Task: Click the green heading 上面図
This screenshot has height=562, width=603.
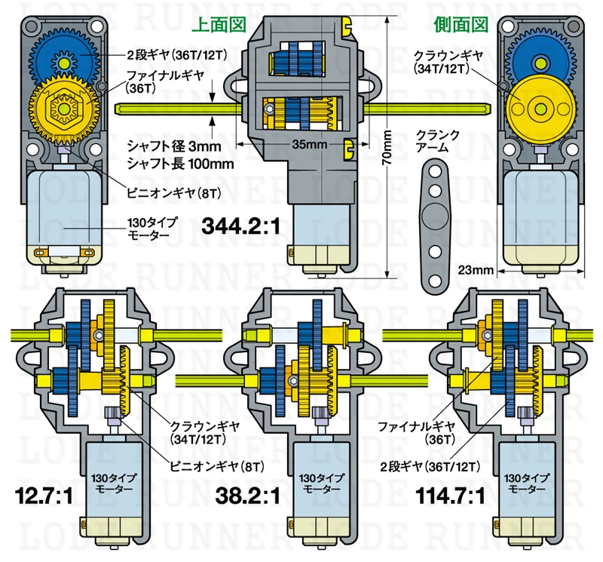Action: coord(219,25)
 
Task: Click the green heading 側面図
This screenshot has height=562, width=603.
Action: coord(461,25)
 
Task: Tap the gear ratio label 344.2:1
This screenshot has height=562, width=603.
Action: coord(241,226)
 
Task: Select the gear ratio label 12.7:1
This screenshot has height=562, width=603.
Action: coord(44,496)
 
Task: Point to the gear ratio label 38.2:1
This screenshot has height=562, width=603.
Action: coord(248,496)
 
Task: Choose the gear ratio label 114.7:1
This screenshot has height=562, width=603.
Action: coord(450,496)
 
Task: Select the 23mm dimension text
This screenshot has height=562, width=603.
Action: coord(476,270)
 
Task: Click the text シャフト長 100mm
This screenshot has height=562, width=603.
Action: coord(180,164)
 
